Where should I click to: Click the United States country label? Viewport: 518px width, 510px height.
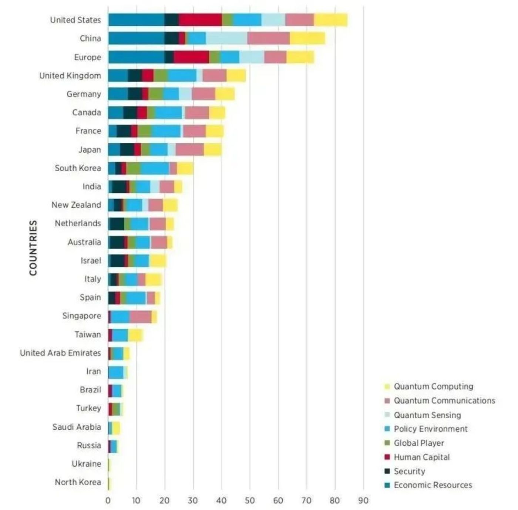coord(75,20)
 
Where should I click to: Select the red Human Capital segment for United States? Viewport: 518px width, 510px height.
coord(200,20)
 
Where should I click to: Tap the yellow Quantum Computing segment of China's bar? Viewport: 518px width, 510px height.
coord(307,38)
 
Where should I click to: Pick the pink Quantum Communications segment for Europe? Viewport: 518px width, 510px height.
coord(275,57)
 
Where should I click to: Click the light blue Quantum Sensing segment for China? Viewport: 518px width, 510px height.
coord(226,38)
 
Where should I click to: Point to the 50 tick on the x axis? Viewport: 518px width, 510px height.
coord(250,500)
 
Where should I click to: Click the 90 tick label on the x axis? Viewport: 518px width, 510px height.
coord(363,500)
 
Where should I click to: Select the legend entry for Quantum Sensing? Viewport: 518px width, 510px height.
coord(427,415)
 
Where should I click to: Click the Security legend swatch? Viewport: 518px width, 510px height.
coord(387,471)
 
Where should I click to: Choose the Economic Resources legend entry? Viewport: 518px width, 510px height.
coord(433,485)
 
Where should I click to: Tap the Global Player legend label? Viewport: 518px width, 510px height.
coord(419,443)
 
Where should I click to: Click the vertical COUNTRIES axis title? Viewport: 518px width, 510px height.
coord(33,248)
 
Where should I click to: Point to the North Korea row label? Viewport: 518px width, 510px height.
coord(78,482)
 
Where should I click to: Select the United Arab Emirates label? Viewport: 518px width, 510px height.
coord(60,353)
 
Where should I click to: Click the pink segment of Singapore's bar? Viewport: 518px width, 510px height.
coord(141,316)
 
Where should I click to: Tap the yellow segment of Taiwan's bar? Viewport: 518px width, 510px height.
coord(135,335)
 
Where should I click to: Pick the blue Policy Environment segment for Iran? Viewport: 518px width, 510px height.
coord(116,372)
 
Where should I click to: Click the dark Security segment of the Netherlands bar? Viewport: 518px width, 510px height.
coord(117,224)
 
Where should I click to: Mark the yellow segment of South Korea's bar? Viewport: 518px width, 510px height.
coord(185,168)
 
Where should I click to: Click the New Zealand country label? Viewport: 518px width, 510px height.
coord(76,205)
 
